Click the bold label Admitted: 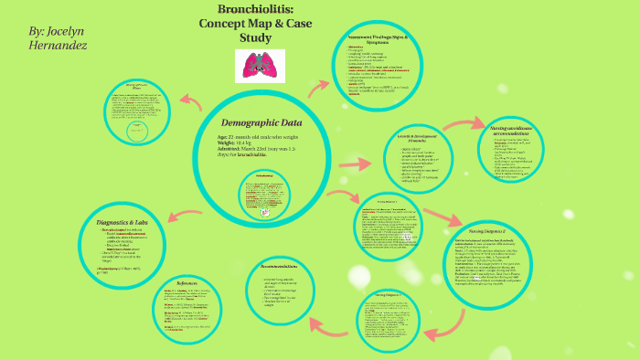(229, 150)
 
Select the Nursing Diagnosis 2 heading (487, 233)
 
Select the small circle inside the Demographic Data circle (261, 195)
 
